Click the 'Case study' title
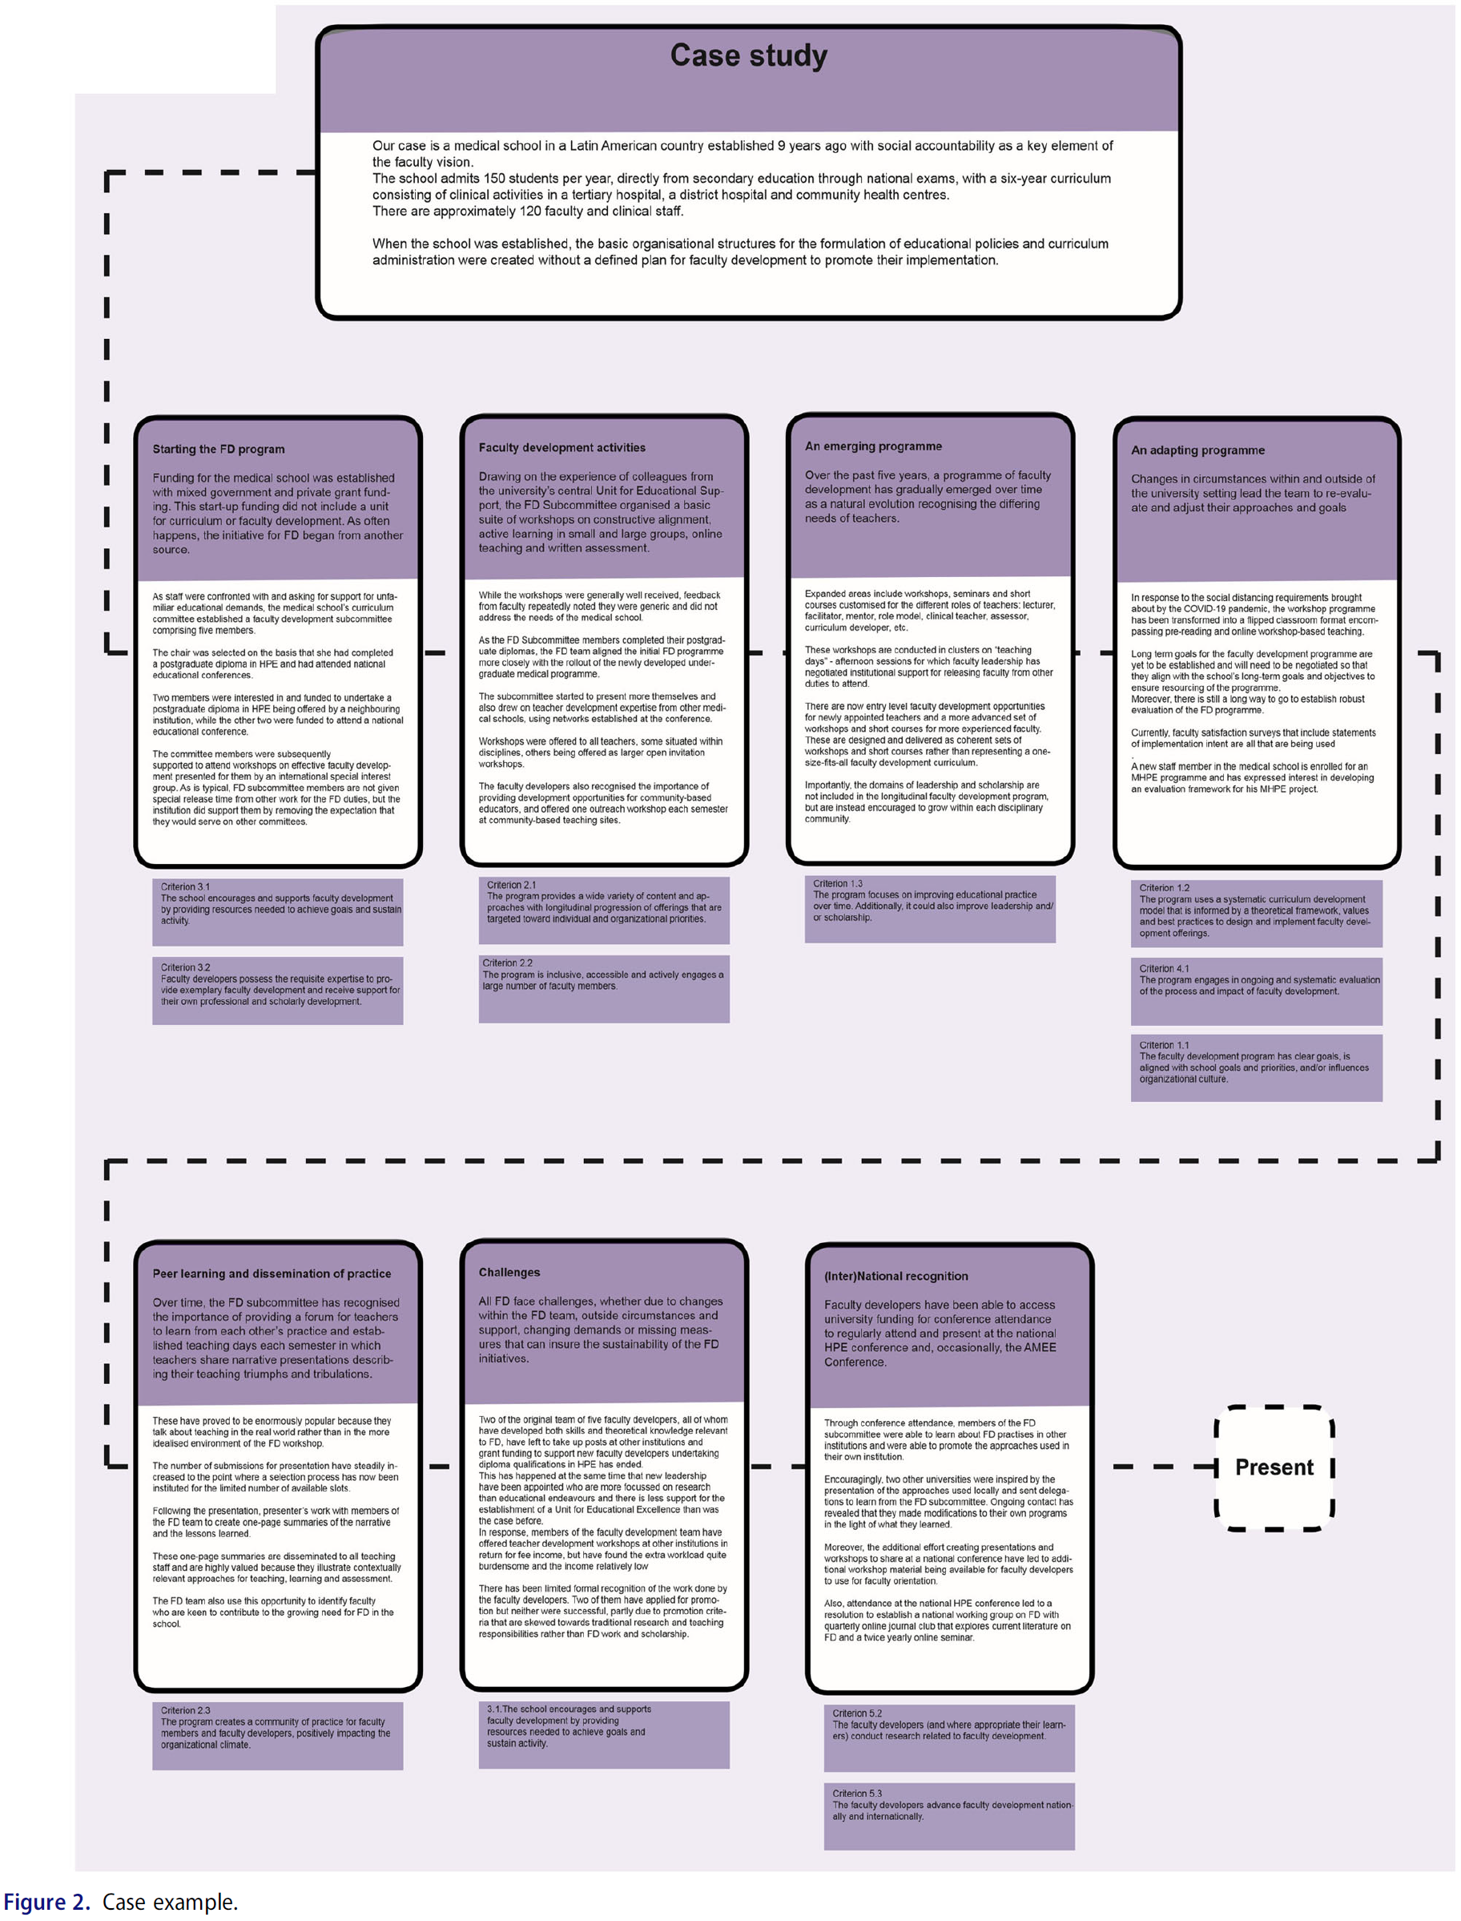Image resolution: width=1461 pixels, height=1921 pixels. point(748,55)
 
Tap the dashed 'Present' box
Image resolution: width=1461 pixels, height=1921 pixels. point(1274,1467)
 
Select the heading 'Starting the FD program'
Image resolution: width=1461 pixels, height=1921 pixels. point(219,449)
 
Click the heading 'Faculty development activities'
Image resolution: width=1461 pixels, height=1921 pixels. point(561,447)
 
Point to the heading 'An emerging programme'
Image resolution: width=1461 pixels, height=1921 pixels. point(873,446)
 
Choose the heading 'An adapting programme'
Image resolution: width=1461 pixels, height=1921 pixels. point(1197,450)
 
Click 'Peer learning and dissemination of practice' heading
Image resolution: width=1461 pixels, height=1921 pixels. point(272,1273)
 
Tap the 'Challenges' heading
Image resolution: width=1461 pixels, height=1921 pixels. point(509,1272)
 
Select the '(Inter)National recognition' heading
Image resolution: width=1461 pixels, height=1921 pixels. point(896,1277)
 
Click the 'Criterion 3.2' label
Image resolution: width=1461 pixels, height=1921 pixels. point(185,967)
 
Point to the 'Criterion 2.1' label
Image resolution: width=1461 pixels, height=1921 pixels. point(511,885)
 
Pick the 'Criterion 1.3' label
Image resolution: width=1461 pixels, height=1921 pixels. point(838,883)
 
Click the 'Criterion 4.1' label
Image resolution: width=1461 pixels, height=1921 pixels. point(1164,968)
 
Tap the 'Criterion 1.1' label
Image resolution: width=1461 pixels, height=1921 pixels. point(1164,1045)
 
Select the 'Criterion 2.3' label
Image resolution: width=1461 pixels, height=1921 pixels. point(185,1710)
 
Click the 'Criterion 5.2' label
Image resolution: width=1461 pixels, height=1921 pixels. point(856,1713)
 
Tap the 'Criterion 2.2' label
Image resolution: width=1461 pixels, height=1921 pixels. point(507,963)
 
